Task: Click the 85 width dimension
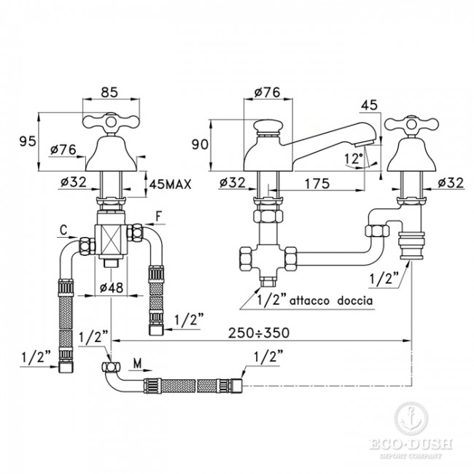[109, 93]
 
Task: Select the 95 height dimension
[25, 141]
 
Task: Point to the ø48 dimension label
[112, 287]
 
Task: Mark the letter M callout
[139, 362]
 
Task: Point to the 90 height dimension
[199, 144]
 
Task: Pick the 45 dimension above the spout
[369, 105]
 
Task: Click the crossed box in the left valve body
[112, 239]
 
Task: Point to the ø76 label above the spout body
[266, 93]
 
